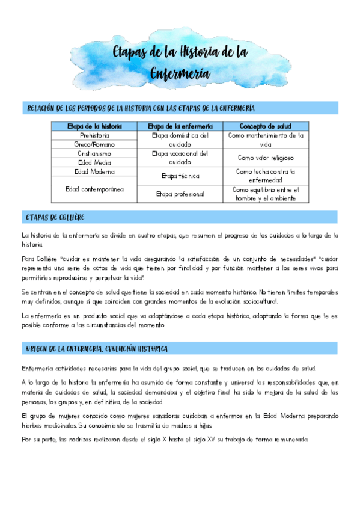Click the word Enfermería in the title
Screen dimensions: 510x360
point(180,73)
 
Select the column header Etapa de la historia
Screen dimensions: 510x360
point(94,126)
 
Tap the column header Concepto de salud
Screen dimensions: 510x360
point(266,126)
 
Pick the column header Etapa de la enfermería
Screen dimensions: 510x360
point(180,126)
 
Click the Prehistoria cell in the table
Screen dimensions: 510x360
point(94,135)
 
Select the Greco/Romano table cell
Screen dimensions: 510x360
point(94,144)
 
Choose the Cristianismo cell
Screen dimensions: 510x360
point(94,153)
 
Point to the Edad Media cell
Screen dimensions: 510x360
point(94,162)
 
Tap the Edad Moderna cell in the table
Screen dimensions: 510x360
point(94,171)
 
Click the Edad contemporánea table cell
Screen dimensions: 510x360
point(94,189)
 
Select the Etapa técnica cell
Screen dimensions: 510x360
point(180,176)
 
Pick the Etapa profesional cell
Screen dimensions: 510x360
point(180,194)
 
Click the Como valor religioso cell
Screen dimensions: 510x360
point(266,158)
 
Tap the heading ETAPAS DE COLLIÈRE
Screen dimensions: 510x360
point(55,217)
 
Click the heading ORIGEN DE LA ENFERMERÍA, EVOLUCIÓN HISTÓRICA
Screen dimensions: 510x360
point(97,349)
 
